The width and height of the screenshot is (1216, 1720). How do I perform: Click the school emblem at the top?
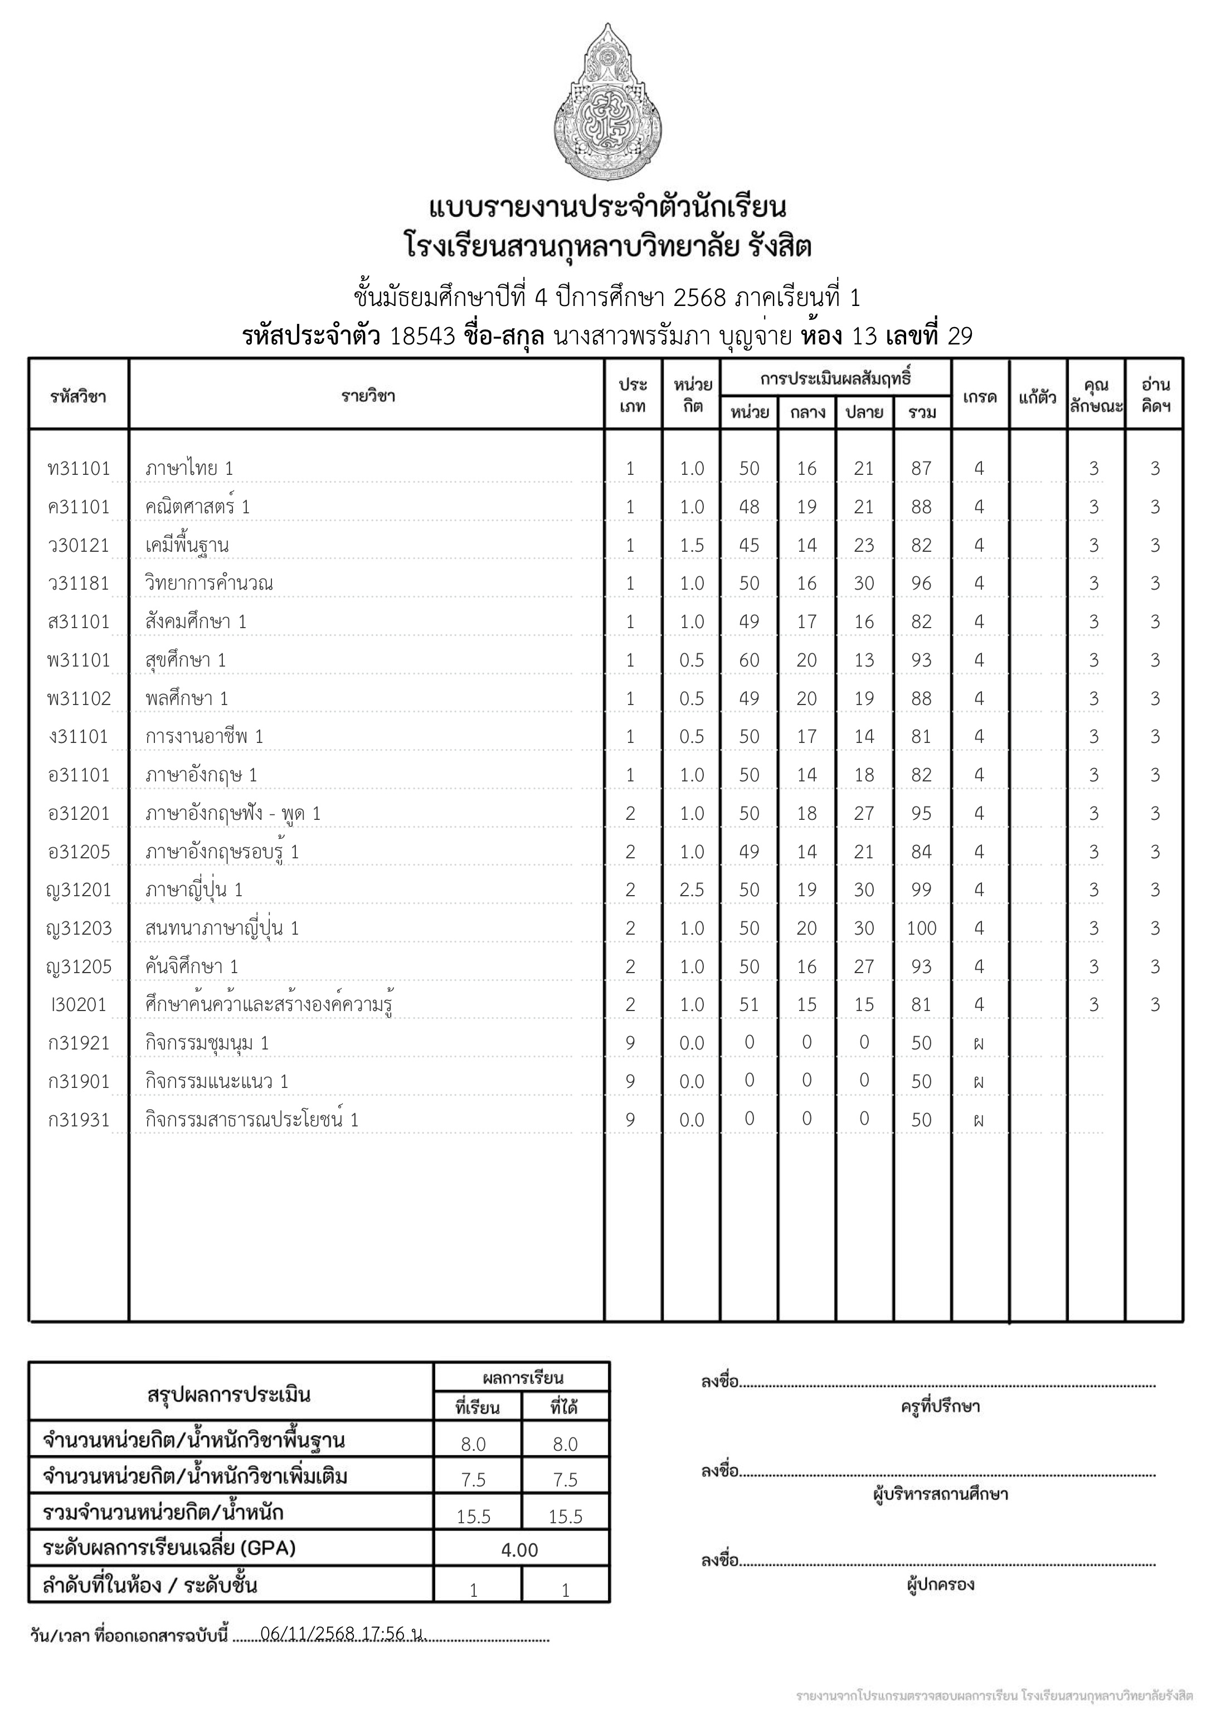tap(607, 103)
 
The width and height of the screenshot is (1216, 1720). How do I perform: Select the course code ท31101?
tap(78, 469)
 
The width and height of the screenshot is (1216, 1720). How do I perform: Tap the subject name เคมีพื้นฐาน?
tap(187, 545)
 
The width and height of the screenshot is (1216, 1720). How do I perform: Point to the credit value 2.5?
tap(692, 890)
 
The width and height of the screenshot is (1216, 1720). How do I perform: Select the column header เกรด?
tap(979, 396)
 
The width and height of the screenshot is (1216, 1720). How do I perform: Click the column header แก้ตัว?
tap(1038, 396)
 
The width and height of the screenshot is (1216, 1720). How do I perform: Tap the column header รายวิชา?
tap(367, 396)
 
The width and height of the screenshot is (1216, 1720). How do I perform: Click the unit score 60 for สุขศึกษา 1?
tap(748, 660)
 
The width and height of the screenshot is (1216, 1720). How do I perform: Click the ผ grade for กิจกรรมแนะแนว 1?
tap(979, 1082)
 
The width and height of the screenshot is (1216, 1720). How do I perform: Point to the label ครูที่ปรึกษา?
tap(940, 1407)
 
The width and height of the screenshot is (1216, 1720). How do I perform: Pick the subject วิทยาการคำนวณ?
tap(209, 584)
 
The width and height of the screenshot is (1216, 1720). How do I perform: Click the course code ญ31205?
tap(78, 967)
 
